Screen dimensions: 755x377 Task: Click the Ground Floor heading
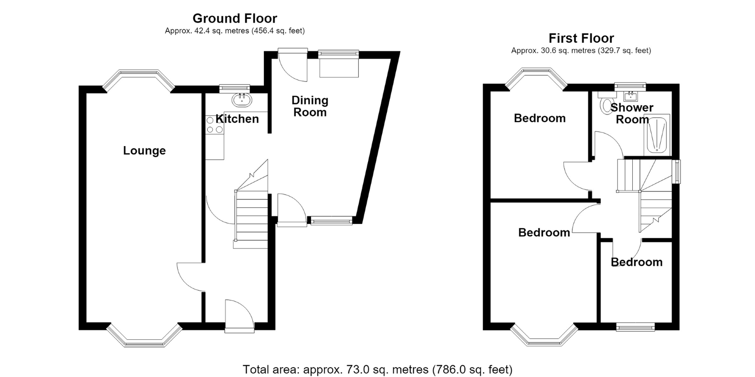pyautogui.click(x=235, y=18)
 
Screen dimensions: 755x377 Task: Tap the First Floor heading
pyautogui.click(x=581, y=38)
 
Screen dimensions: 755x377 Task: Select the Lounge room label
pyautogui.click(x=144, y=150)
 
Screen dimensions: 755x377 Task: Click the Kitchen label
pyautogui.click(x=237, y=119)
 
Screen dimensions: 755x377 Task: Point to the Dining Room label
pyautogui.click(x=310, y=106)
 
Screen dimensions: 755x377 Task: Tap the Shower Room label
pyautogui.click(x=632, y=114)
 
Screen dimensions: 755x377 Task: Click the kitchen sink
pyautogui.click(x=242, y=99)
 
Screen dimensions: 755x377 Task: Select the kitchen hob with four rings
pyautogui.click(x=215, y=124)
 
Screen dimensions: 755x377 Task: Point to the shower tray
pyautogui.click(x=656, y=135)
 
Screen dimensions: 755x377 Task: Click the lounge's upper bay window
pyautogui.click(x=139, y=80)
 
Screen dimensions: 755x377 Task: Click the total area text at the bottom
pyautogui.click(x=377, y=369)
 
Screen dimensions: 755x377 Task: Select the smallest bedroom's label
pyautogui.click(x=637, y=262)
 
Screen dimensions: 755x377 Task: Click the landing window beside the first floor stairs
pyautogui.click(x=676, y=172)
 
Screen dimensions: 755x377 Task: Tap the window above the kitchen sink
pyautogui.click(x=235, y=88)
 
